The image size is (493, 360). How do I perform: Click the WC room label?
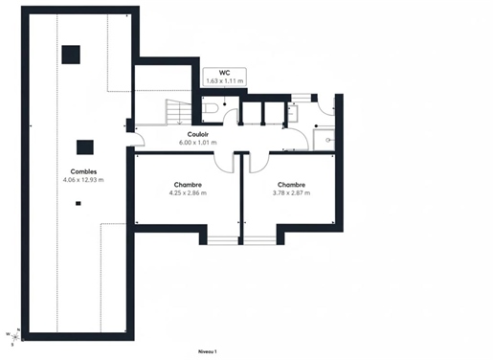[x=225, y=73]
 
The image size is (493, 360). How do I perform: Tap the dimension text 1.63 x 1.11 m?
[x=225, y=81]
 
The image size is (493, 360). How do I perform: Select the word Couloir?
[x=198, y=134]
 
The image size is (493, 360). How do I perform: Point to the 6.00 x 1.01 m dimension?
[x=198, y=143]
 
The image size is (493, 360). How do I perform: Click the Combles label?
[x=83, y=171]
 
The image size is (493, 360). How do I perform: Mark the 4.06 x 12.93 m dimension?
[x=83, y=180]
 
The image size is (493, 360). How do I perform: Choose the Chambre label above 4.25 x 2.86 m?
[x=188, y=185]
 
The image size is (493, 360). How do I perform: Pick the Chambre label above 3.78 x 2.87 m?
[x=291, y=185]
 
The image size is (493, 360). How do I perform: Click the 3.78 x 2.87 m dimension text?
[x=291, y=192]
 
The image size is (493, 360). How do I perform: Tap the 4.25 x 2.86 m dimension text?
[x=188, y=192]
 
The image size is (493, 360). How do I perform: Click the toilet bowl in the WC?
[x=211, y=108]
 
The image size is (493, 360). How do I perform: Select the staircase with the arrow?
[x=178, y=112]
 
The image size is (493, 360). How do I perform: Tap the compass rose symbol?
[x=14, y=337]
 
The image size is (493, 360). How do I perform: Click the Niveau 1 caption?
[x=208, y=351]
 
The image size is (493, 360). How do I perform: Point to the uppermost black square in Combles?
[x=71, y=55]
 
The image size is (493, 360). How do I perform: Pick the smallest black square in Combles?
[x=78, y=203]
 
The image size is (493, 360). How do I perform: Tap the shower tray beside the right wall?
[x=324, y=140]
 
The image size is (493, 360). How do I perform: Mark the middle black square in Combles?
[x=85, y=147]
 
